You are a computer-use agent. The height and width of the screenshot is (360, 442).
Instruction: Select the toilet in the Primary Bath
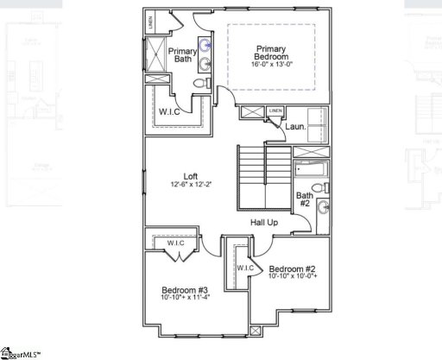point(200,83)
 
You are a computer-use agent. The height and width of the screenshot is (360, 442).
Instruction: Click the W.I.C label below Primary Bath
point(168,111)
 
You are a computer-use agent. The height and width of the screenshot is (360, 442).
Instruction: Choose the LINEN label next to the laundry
point(275,111)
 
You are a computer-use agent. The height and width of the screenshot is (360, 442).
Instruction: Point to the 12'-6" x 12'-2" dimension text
point(191,185)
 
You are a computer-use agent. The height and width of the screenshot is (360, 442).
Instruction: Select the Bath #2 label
point(305,201)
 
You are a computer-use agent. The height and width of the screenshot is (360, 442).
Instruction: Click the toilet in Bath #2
point(317,187)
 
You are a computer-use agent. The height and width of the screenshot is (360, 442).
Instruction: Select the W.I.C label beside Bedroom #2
point(244,268)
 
